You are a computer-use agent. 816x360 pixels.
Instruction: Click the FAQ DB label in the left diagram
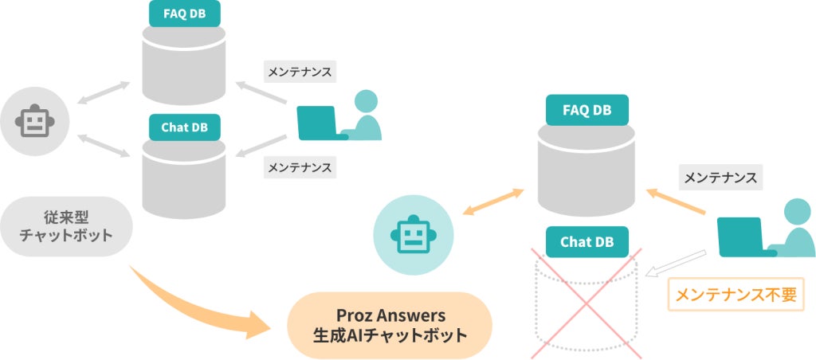[185, 13]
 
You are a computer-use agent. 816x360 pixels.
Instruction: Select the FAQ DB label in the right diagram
[586, 110]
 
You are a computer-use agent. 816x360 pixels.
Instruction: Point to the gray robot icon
[34, 121]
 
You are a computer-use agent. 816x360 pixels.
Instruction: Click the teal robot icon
[413, 235]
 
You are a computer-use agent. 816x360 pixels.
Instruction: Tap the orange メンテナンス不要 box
[736, 294]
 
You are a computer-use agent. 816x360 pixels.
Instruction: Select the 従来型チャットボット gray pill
[65, 226]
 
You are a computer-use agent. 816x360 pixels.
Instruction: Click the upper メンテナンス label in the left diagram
[300, 71]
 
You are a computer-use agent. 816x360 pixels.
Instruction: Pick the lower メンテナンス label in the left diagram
[300, 167]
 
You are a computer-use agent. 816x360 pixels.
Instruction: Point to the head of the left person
[366, 101]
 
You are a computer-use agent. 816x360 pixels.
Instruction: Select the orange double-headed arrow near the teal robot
[493, 202]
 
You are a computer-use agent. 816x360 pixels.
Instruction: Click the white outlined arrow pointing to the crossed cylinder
[677, 263]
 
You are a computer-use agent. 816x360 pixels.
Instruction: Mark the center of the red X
[587, 301]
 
